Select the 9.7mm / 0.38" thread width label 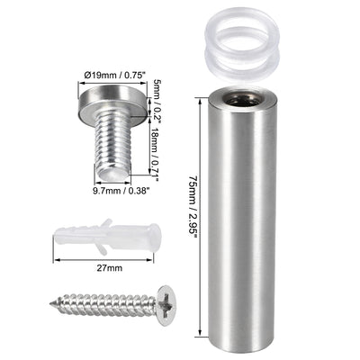pos(104,191)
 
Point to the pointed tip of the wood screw pos(60,303)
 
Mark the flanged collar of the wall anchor pos(155,237)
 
